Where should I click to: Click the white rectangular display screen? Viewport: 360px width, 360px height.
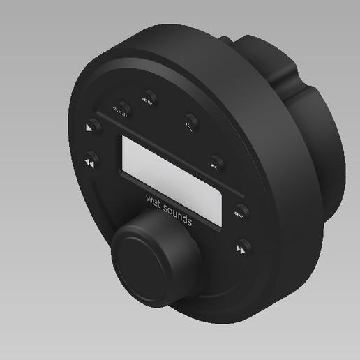171,168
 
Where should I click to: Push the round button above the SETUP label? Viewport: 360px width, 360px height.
149,94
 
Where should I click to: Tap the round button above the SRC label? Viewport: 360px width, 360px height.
217,160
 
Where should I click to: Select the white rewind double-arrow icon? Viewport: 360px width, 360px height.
89,163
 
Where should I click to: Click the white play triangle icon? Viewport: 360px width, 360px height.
89,128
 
